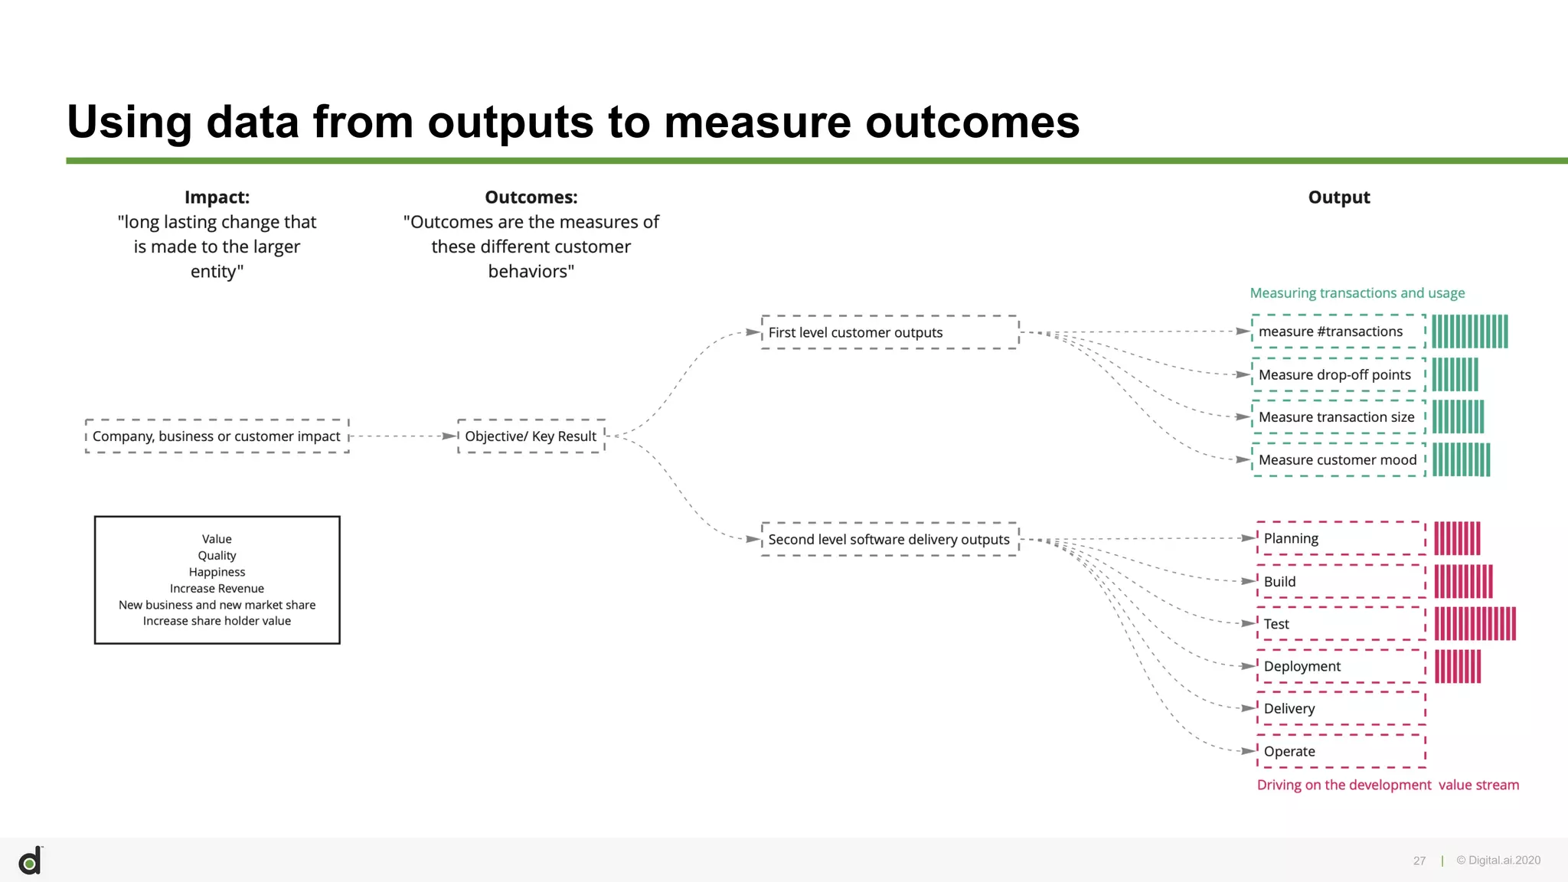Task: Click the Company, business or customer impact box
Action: pyautogui.click(x=217, y=436)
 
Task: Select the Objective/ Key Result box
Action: pyautogui.click(x=531, y=436)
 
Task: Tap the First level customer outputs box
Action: pyautogui.click(x=890, y=332)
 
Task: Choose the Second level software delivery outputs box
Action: pyautogui.click(x=890, y=539)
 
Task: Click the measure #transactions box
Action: pyautogui.click(x=1338, y=332)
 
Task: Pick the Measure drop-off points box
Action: pyautogui.click(x=1338, y=374)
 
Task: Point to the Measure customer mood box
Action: pyautogui.click(x=1338, y=459)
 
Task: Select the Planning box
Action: pyautogui.click(x=1341, y=538)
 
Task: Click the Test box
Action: pyautogui.click(x=1341, y=624)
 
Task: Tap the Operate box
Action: pyautogui.click(x=1341, y=751)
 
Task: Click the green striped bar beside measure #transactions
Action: pyautogui.click(x=1469, y=332)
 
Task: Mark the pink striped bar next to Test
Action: pyautogui.click(x=1475, y=624)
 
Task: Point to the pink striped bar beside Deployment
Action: pyautogui.click(x=1457, y=666)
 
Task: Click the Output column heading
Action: pyautogui.click(x=1338, y=198)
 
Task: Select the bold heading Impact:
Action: pyautogui.click(x=217, y=198)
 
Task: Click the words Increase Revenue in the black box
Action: pyautogui.click(x=217, y=588)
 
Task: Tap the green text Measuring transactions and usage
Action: pyautogui.click(x=1357, y=293)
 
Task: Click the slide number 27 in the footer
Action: pyautogui.click(x=1419, y=861)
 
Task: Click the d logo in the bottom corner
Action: pyautogui.click(x=31, y=861)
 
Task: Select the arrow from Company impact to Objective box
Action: pyautogui.click(x=402, y=436)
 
